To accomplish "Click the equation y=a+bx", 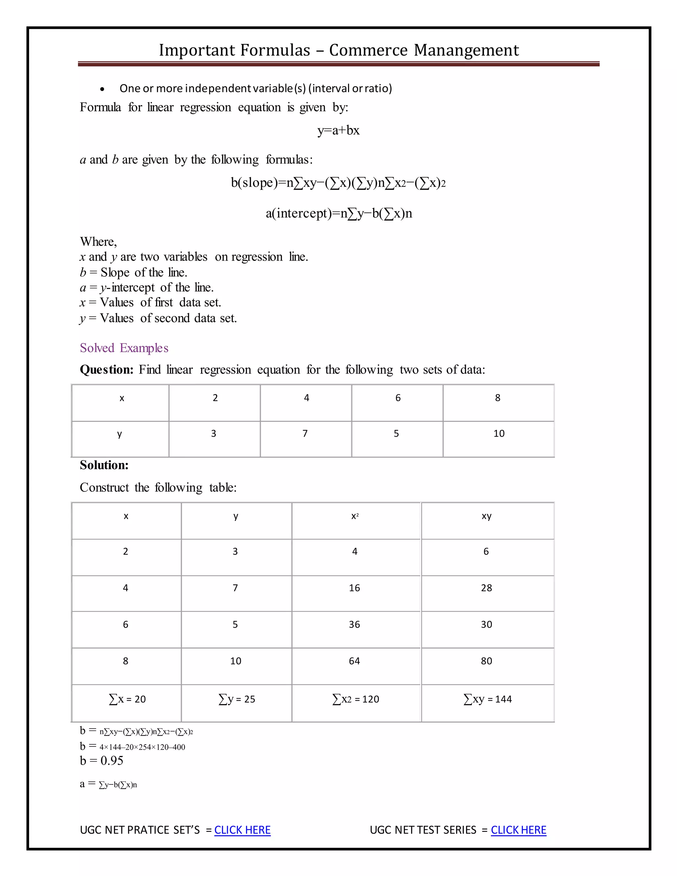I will pos(338,130).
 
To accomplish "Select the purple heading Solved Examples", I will pos(124,348).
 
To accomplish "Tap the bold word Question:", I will pos(106,370).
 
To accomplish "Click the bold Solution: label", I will pos(104,465).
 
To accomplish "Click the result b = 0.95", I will pos(101,761).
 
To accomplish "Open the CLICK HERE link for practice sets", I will pos(242,830).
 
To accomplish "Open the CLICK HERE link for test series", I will pos(518,830).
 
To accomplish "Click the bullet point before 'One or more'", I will pos(103,89).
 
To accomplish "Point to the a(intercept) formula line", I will pos(338,214).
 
